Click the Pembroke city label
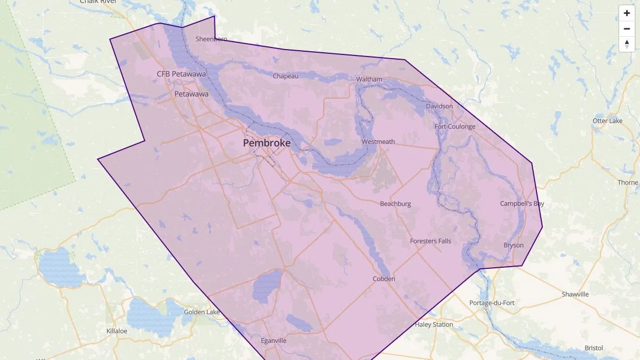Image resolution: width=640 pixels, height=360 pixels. point(267,143)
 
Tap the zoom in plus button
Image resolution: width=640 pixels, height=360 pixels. point(627,13)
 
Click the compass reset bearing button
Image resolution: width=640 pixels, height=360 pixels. point(627,44)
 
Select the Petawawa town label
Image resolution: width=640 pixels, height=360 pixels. point(191,94)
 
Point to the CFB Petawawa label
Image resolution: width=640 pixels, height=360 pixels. point(181,74)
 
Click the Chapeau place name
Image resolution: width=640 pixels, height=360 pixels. point(285,76)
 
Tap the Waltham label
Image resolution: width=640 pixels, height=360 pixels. point(369,79)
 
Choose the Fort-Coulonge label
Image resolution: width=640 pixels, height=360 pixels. point(454,126)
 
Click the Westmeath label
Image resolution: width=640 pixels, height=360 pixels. point(378,141)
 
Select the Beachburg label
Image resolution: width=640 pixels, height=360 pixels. point(395,204)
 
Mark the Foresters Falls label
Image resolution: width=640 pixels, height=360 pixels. point(430,241)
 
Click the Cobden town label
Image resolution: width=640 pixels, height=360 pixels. point(383,278)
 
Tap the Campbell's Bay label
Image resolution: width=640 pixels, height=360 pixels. point(522,204)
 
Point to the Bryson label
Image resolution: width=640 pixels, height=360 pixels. point(513,245)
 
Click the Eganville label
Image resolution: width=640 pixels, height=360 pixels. point(274,340)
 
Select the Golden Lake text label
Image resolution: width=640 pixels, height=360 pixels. point(202,311)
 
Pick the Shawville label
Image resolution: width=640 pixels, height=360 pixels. point(575,294)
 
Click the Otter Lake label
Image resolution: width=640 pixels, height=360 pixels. point(607,121)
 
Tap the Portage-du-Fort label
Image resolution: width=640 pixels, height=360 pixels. point(492,303)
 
